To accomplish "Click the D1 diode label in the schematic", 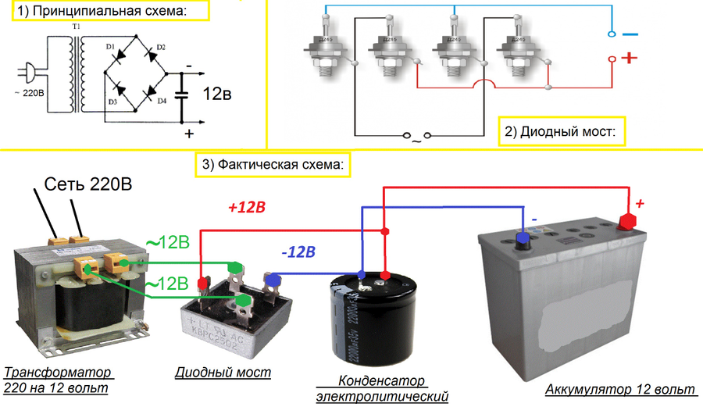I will pyautogui.click(x=111, y=49).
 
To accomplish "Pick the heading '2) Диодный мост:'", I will pyautogui.click(x=560, y=131).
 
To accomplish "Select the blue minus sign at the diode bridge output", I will pyautogui.click(x=630, y=34).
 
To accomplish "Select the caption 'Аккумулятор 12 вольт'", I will pyautogui.click(x=619, y=389).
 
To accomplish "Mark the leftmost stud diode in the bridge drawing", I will pyautogui.click(x=323, y=52).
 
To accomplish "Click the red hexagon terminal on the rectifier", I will pyautogui.click(x=203, y=281).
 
